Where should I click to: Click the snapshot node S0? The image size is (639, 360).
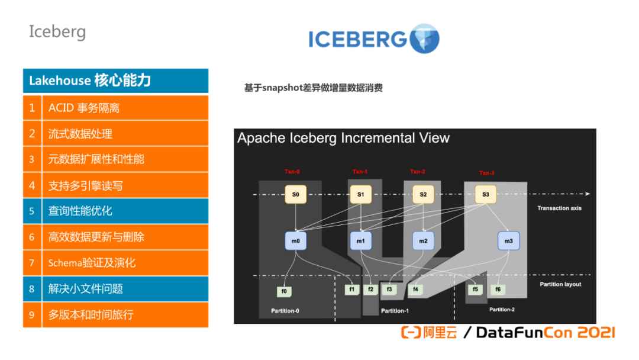(x=296, y=194)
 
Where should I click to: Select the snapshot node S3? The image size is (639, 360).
(x=485, y=194)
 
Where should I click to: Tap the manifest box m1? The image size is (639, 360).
(x=361, y=240)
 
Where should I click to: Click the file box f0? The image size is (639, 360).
(x=285, y=291)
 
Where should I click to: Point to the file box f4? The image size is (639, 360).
(x=416, y=290)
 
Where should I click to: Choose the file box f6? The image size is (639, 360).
(x=498, y=290)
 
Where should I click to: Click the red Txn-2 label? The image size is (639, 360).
(x=418, y=172)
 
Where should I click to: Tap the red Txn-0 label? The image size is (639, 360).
(x=292, y=172)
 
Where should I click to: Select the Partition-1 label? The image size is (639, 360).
(x=395, y=311)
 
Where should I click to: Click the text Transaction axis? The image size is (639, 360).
(x=560, y=208)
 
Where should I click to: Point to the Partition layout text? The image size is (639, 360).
(x=560, y=284)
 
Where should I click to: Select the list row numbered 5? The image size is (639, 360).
(x=116, y=211)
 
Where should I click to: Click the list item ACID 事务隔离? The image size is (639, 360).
(x=116, y=108)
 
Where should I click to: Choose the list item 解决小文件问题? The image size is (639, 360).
(x=116, y=289)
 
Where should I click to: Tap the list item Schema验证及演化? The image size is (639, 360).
(x=116, y=263)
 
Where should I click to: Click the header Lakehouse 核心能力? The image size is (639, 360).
(x=116, y=81)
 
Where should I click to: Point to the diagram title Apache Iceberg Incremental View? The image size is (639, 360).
(x=343, y=139)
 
